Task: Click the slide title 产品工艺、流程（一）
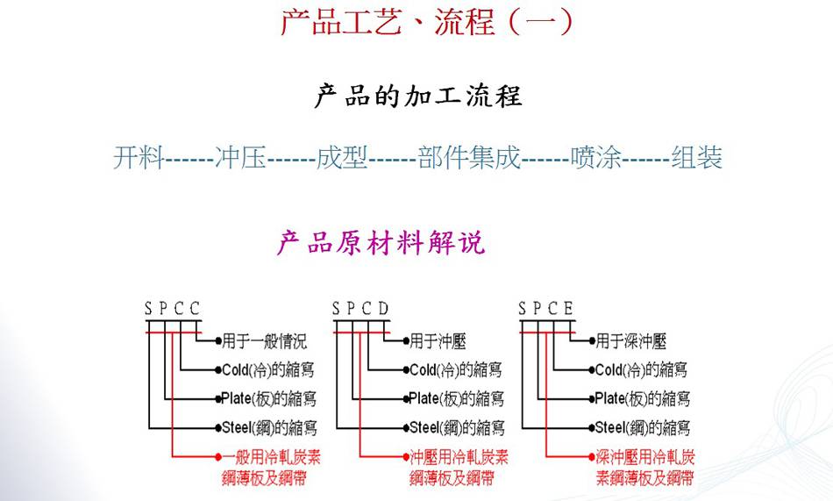(427, 21)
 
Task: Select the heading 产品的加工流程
(417, 96)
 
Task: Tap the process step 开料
(139, 159)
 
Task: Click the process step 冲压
(239, 159)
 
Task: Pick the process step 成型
(342, 159)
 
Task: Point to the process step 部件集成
(469, 159)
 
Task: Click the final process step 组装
(697, 159)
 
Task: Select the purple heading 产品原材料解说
(381, 242)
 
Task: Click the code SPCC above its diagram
(173, 308)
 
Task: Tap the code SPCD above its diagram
(360, 308)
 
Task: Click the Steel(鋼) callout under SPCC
(267, 428)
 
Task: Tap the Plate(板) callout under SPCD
(456, 399)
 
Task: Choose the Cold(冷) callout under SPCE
(641, 370)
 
